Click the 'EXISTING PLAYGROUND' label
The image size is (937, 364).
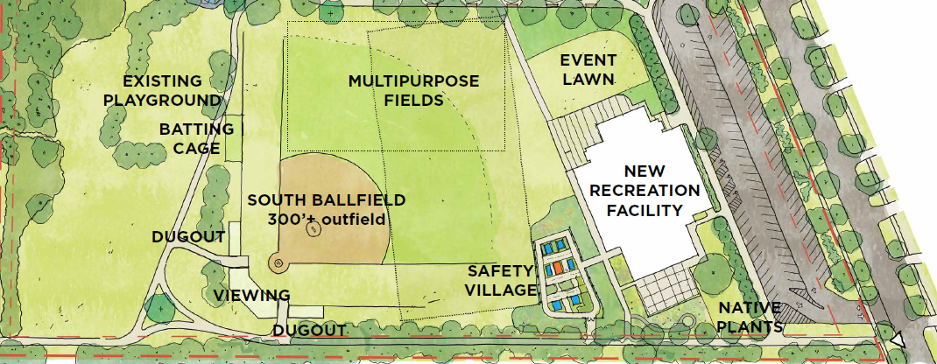(161, 90)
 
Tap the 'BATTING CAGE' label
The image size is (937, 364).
(196, 138)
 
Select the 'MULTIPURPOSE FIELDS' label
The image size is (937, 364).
(413, 90)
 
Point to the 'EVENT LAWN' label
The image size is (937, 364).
(588, 69)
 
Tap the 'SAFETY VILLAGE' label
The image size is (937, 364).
(500, 280)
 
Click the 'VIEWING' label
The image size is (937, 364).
(252, 295)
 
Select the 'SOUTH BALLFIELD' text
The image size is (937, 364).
(326, 199)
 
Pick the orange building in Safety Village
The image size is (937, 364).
(558, 269)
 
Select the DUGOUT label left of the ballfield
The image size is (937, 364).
(188, 237)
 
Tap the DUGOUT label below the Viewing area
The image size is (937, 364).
(308, 331)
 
